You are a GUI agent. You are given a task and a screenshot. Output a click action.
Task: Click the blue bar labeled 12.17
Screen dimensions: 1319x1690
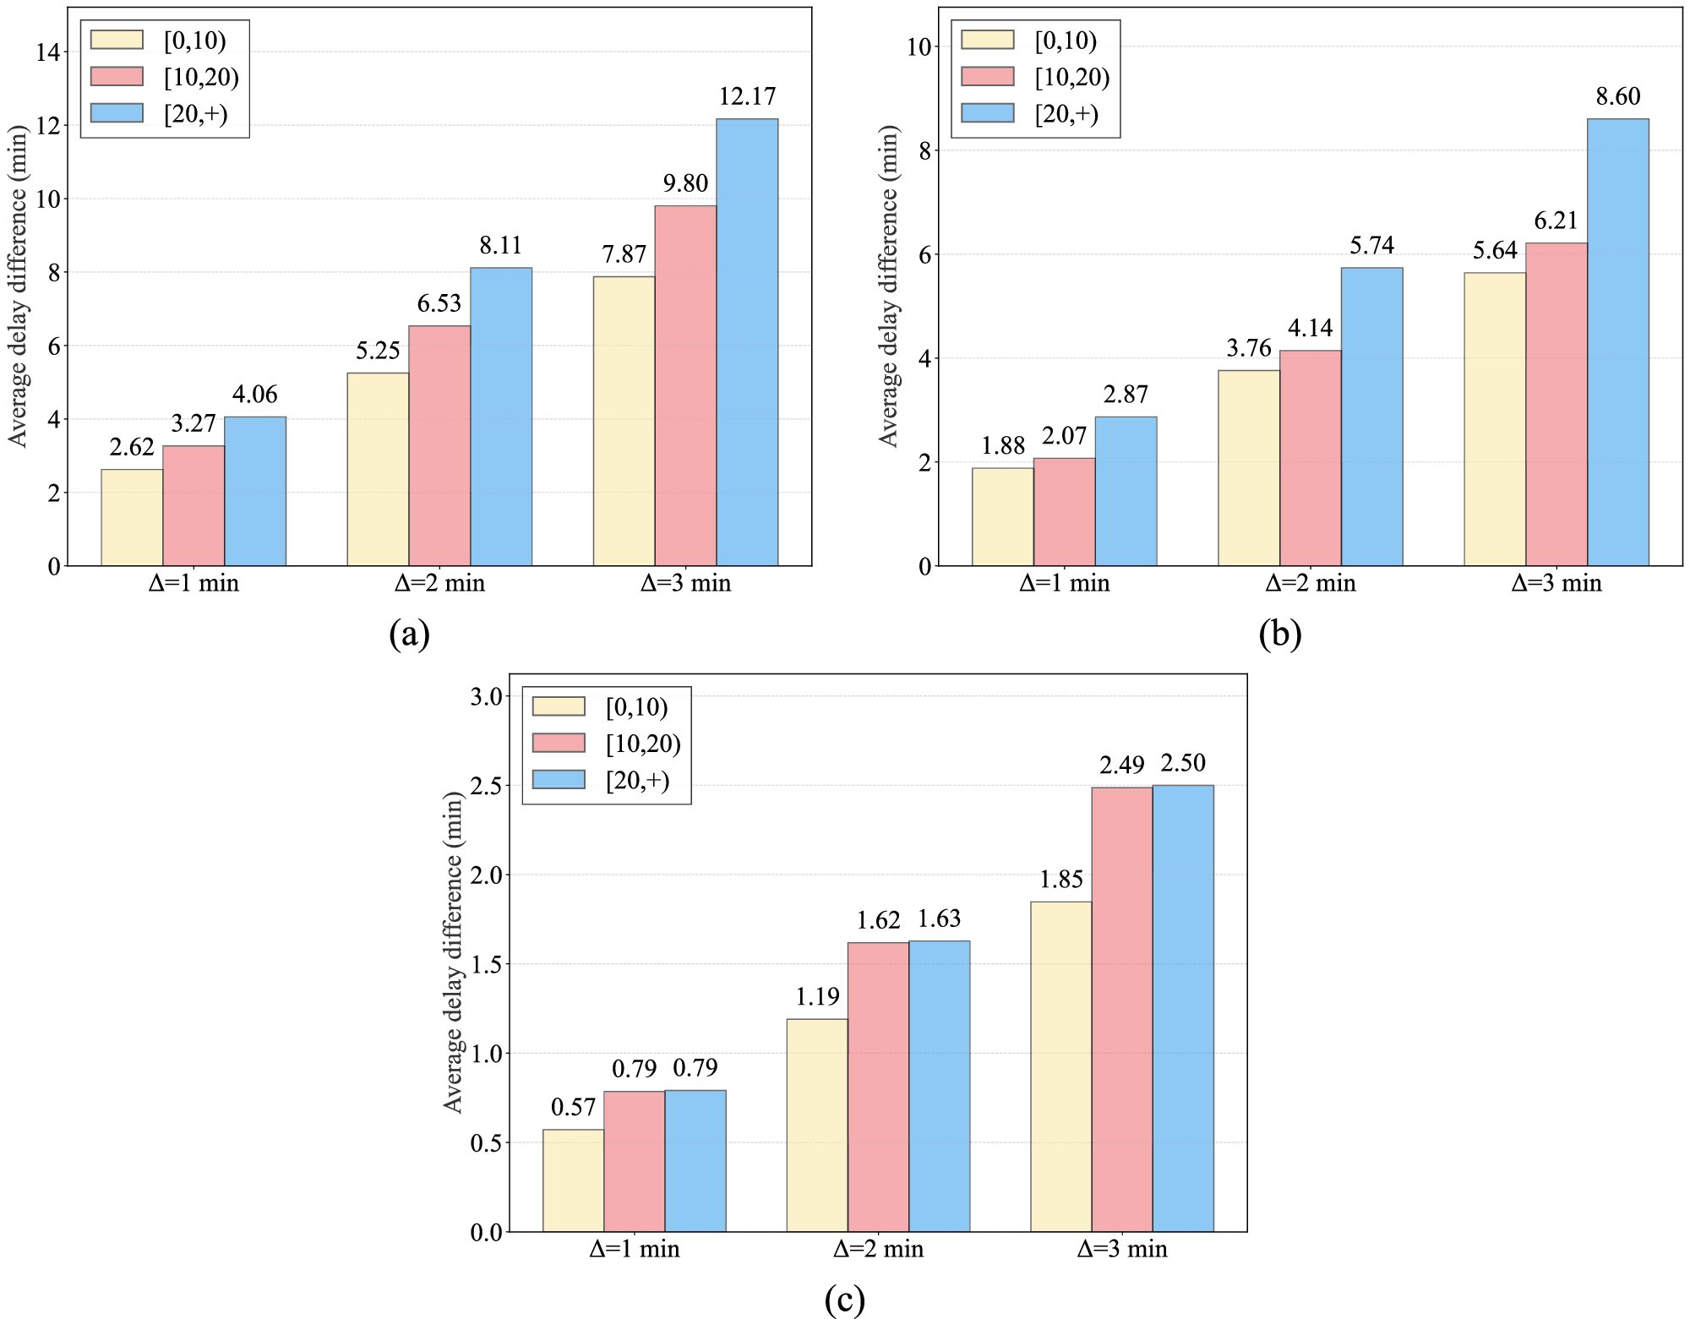[x=747, y=342]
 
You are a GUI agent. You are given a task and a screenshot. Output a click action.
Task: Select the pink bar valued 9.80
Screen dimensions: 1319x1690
[x=685, y=385]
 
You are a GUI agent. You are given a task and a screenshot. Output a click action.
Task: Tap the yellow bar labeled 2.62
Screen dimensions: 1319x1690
[x=132, y=517]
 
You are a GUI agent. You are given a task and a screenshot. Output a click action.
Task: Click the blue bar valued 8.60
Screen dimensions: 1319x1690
[x=1617, y=342]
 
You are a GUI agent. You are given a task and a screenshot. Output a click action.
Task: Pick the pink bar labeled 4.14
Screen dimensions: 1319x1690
[x=1310, y=458]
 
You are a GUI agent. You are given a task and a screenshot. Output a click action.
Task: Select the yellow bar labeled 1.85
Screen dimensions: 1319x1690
[x=1060, y=1066]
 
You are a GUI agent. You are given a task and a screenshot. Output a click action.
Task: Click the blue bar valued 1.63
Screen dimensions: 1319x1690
[x=939, y=1086]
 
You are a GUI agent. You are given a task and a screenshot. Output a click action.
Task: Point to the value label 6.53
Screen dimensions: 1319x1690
[x=439, y=303]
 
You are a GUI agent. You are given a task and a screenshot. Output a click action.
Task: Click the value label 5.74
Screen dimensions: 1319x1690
[x=1371, y=245]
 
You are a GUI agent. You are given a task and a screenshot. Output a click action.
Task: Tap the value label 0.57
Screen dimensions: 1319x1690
[x=573, y=1107]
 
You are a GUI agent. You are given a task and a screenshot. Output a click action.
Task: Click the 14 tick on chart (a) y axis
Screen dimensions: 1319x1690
[x=48, y=52]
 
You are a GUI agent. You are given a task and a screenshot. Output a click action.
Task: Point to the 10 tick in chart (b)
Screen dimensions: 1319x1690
[x=919, y=47]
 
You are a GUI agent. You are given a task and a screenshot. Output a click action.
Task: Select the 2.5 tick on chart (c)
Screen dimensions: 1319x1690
[x=486, y=786]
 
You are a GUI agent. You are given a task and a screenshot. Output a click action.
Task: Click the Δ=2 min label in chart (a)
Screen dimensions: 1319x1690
[x=439, y=583]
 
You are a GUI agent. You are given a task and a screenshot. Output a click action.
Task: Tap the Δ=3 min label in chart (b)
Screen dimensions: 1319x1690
[x=1556, y=583]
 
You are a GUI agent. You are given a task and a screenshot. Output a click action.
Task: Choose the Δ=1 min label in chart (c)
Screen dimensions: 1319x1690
[x=634, y=1249]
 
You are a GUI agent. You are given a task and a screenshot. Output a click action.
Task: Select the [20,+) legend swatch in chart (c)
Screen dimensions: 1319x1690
[x=559, y=779]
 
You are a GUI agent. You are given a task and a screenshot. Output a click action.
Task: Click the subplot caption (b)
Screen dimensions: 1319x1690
[x=1279, y=634]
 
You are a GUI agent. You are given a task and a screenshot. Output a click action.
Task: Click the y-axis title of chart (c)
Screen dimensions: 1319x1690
[x=454, y=952]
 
